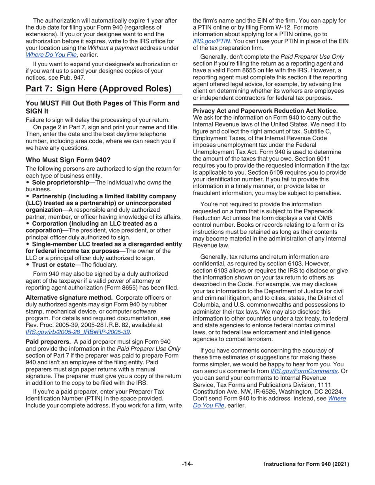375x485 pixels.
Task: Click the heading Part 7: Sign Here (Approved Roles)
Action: tap(98, 88)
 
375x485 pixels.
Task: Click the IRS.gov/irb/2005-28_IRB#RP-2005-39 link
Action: tap(78, 321)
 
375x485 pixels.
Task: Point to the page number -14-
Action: tap(187, 464)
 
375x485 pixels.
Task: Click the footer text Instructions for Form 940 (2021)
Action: tap(306, 464)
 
